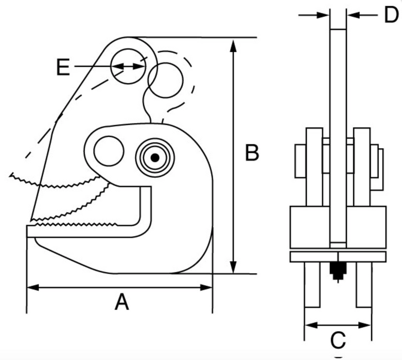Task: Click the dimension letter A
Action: [121, 302]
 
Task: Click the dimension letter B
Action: [252, 153]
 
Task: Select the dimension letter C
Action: [338, 340]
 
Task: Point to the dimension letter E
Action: [63, 67]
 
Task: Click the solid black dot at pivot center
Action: [154, 157]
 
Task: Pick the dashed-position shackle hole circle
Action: [166, 80]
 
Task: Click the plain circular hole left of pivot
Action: [109, 151]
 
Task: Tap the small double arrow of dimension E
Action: [128, 66]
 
